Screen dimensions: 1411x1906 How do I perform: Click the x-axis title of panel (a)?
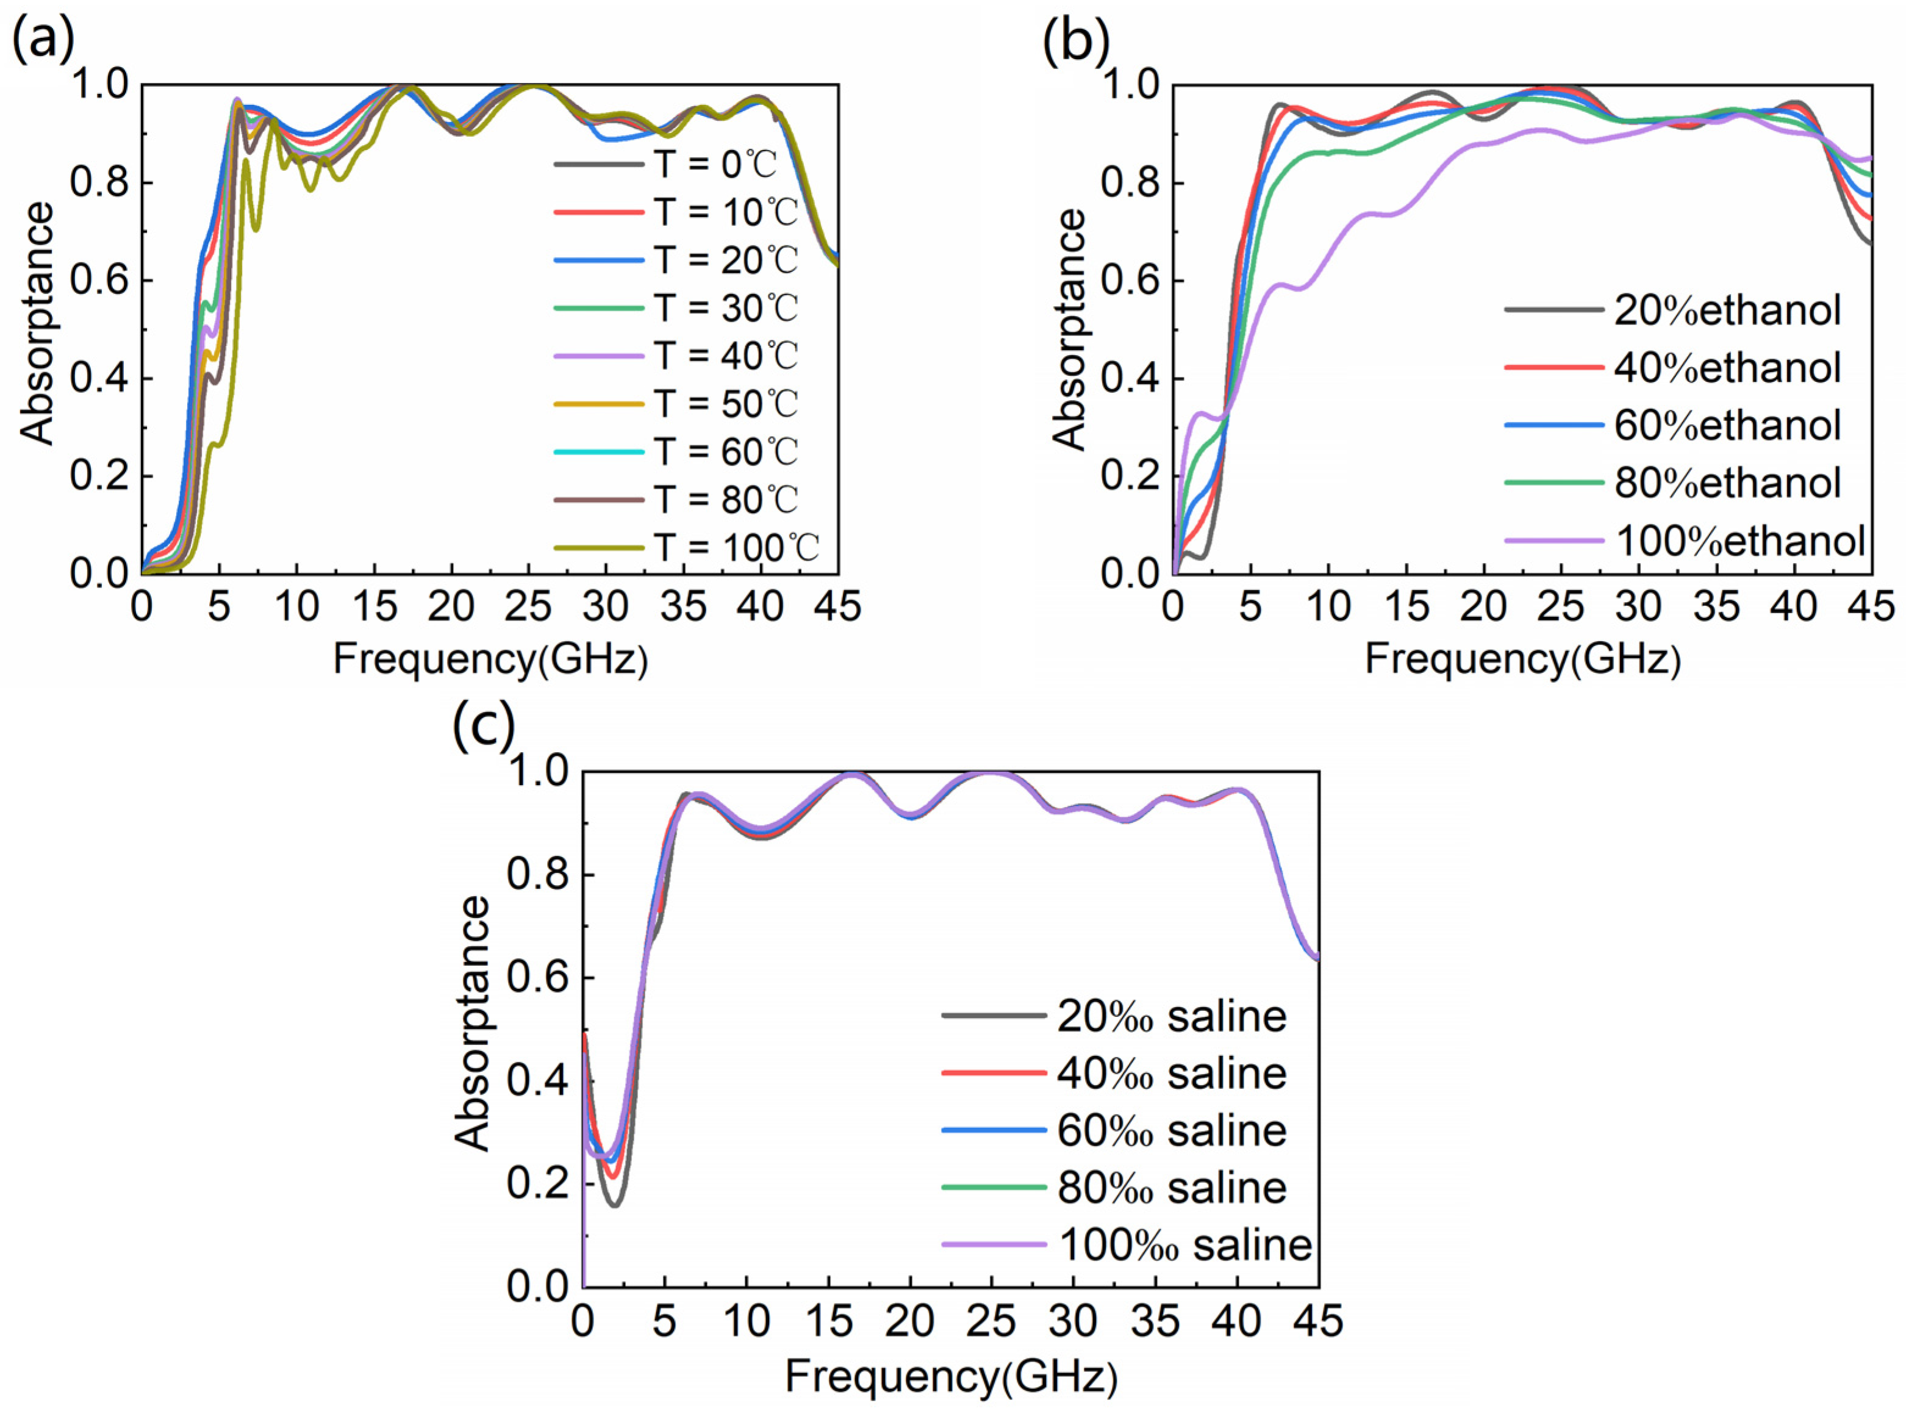click(x=490, y=659)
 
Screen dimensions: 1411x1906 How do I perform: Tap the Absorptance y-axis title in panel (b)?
click(x=1069, y=329)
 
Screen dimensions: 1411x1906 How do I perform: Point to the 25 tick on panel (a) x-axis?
click(x=529, y=607)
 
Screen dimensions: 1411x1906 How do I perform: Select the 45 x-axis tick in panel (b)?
click(x=1870, y=607)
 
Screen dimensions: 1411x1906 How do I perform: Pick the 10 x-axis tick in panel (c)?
click(x=747, y=1321)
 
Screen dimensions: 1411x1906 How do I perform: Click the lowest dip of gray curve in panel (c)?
click(x=615, y=1204)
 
